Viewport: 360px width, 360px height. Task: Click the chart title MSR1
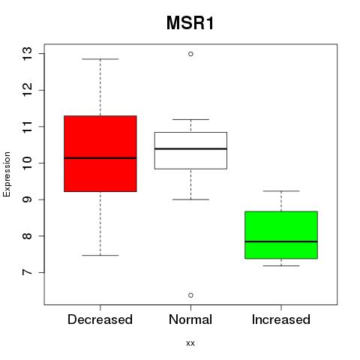(x=190, y=23)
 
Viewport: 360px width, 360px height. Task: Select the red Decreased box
(x=100, y=154)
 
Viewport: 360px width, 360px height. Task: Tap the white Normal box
(x=190, y=151)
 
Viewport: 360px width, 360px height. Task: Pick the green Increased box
(x=281, y=235)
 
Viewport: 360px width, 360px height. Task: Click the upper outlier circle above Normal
(x=190, y=54)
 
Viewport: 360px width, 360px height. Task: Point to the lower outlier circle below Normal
(x=190, y=295)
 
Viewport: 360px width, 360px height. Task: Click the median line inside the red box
(x=100, y=158)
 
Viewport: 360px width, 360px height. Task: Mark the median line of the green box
(x=281, y=241)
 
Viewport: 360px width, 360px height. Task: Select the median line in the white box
(x=190, y=148)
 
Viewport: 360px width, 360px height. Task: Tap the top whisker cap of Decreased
(x=100, y=59)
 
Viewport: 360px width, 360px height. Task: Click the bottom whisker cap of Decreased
(x=100, y=255)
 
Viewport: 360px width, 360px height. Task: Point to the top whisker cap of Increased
(x=281, y=191)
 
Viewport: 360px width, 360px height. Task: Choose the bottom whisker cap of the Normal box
(x=190, y=199)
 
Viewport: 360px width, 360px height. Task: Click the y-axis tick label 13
(x=27, y=53)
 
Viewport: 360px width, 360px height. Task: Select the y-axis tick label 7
(x=27, y=272)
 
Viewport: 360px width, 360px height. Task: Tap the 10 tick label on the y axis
(x=27, y=163)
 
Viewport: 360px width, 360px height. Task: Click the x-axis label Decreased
(x=100, y=319)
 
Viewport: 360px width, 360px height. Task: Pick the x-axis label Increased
(x=281, y=319)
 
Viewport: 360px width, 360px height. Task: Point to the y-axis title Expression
(x=7, y=174)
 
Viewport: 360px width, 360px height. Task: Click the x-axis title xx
(x=190, y=343)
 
